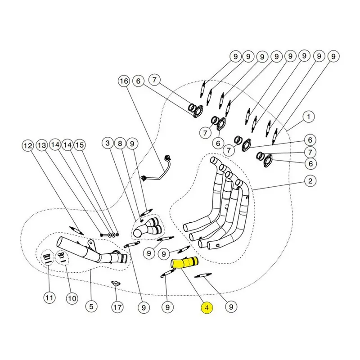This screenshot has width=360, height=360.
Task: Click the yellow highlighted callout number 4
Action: pos(207,308)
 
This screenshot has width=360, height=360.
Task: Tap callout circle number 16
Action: pos(124,81)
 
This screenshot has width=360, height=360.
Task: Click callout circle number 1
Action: pos(309,117)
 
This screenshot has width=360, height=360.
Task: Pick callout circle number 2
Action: pos(310,181)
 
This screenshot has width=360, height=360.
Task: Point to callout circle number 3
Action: pos(108,143)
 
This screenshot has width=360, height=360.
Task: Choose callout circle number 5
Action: pos(91,307)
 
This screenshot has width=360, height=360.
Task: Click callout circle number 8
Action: pos(120,144)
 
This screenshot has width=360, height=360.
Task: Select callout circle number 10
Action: pos(72,298)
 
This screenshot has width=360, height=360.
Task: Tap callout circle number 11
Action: pos(49,298)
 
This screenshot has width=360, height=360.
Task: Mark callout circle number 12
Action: pos(28,145)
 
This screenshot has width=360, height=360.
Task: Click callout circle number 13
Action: pos(42,145)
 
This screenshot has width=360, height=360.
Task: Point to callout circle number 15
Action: pos(80,145)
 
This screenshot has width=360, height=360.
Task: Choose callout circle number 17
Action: pos(117,307)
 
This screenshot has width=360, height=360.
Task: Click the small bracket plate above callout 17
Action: pos(116,283)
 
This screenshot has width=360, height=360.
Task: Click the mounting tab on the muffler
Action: pos(91,245)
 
